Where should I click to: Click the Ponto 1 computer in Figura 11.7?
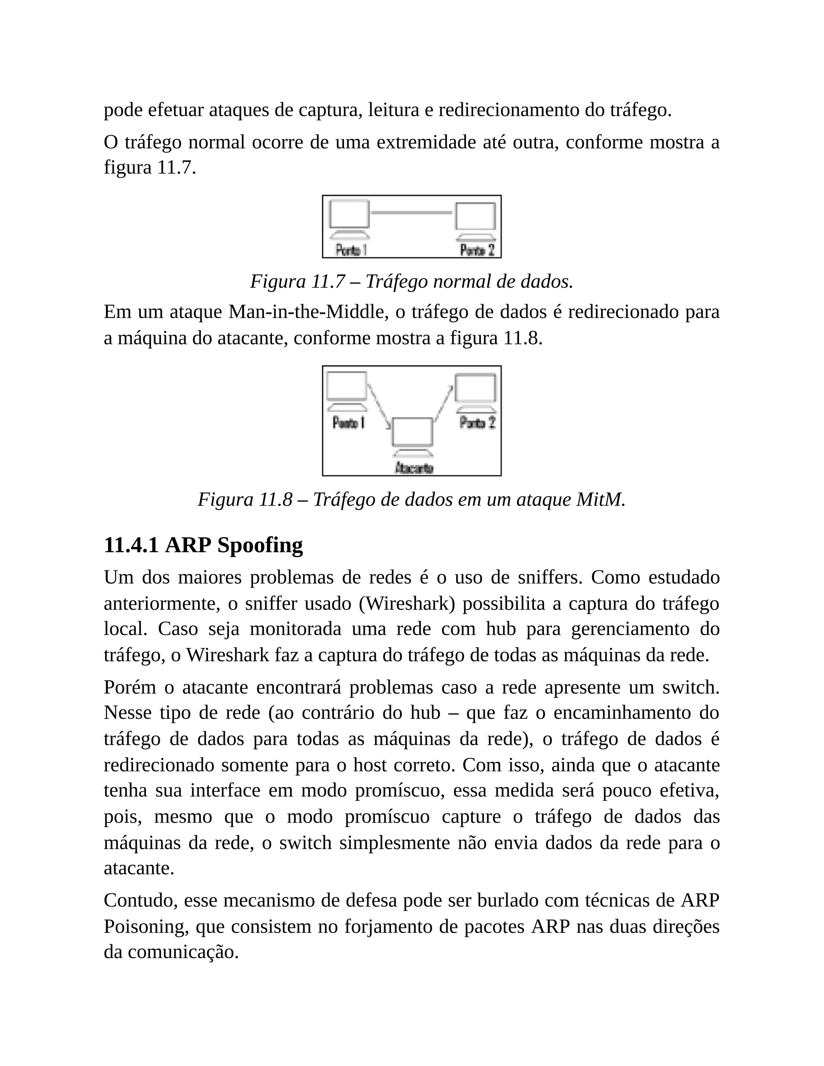[x=349, y=217]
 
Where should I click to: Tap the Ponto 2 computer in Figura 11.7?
[x=476, y=220]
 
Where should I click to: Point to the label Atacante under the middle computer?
[x=414, y=468]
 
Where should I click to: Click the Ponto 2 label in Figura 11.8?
[x=478, y=423]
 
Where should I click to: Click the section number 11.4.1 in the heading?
[x=131, y=545]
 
